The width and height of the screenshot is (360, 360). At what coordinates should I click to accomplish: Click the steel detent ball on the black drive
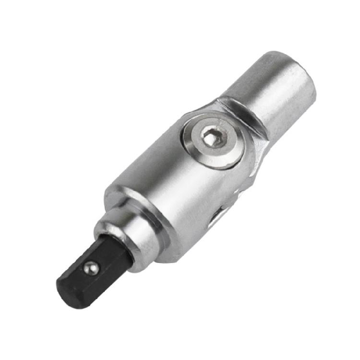(91, 268)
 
